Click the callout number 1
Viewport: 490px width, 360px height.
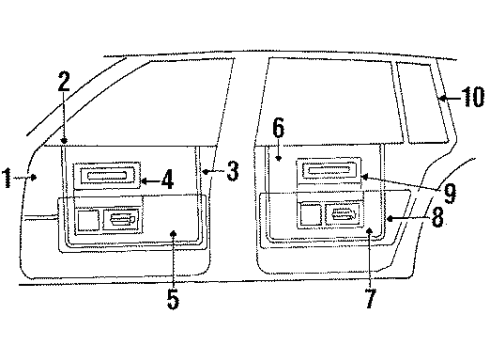pyautogui.click(x=8, y=180)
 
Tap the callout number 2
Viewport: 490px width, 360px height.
pyautogui.click(x=63, y=83)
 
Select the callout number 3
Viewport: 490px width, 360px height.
pyautogui.click(x=232, y=172)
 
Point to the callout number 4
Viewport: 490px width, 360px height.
pyautogui.click(x=167, y=181)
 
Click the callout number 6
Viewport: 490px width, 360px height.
pyautogui.click(x=279, y=127)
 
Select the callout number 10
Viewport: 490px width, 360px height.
pyautogui.click(x=474, y=96)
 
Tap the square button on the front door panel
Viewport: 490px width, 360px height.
pyautogui.click(x=88, y=220)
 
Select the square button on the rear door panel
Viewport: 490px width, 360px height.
pyautogui.click(x=310, y=214)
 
